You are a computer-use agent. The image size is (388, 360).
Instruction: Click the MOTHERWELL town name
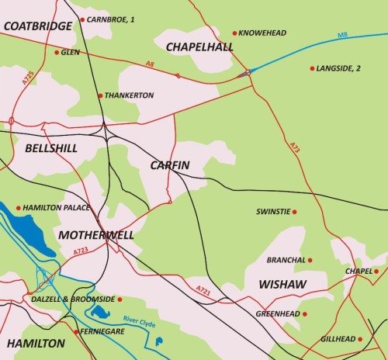95,234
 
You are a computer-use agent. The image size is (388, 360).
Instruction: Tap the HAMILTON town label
36,343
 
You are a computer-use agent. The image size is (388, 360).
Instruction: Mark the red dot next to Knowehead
234,33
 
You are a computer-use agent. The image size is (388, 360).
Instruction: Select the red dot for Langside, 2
313,68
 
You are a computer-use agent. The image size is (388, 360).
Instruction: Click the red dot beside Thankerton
100,95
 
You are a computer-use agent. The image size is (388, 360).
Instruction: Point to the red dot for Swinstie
294,211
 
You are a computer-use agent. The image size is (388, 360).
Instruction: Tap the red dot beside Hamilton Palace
19,208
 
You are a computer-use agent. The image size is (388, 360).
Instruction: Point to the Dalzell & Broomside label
73,299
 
